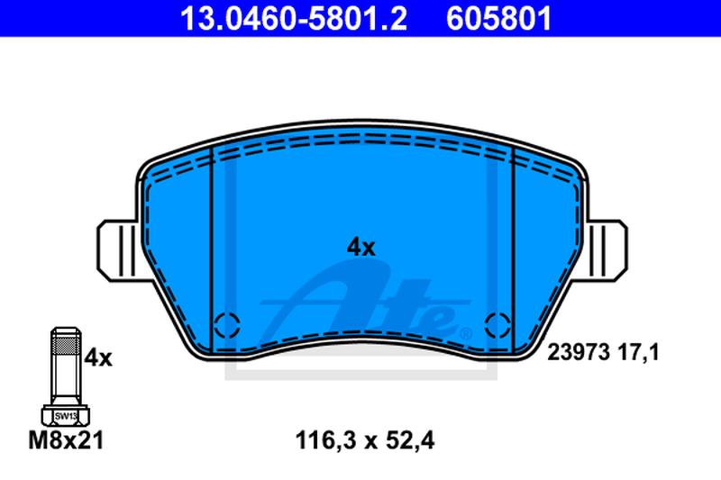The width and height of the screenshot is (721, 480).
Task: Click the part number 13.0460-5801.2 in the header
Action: [x=294, y=19]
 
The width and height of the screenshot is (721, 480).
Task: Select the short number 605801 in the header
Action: [x=498, y=19]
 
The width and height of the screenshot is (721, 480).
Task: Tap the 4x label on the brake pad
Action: [x=361, y=248]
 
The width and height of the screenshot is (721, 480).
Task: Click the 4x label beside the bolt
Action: [x=98, y=358]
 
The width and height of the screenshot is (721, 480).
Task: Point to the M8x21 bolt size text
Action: [x=66, y=440]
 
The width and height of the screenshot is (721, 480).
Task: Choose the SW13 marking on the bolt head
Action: [x=66, y=416]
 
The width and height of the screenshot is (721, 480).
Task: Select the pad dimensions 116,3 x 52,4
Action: [x=365, y=440]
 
